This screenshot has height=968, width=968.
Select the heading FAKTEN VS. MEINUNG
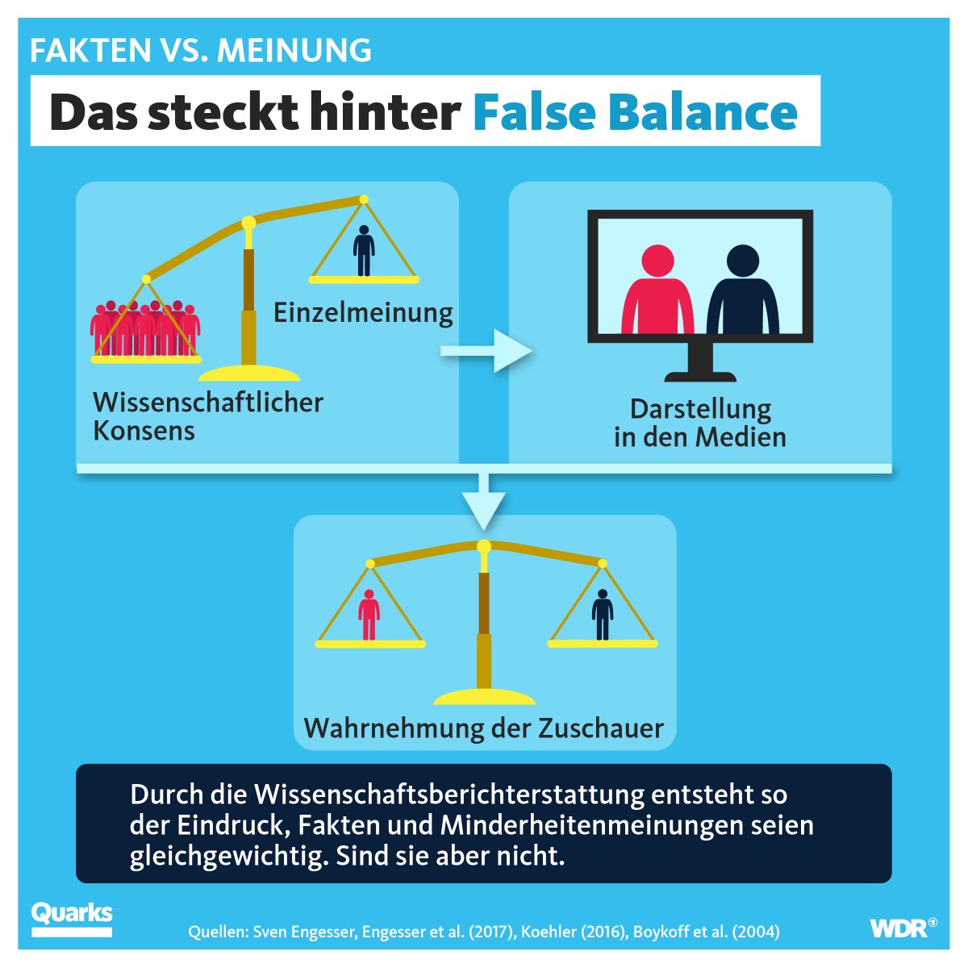click(201, 51)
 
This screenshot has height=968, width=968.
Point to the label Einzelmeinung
click(363, 312)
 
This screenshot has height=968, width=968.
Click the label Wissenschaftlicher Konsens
click(207, 415)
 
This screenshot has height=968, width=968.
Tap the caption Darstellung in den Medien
click(700, 423)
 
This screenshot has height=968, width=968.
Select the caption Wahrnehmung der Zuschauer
click(483, 728)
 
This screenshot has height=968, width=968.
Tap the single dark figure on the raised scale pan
click(364, 251)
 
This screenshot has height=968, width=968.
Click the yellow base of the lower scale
click(484, 696)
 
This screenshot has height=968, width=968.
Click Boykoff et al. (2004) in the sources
click(707, 932)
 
